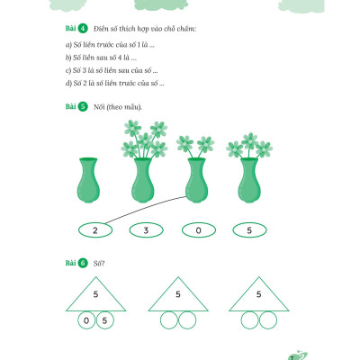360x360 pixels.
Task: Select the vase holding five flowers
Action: tap(143, 180)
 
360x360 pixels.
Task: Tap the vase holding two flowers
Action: tap(196, 180)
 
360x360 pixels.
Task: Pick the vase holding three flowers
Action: tap(249, 180)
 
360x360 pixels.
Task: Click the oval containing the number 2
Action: tap(95, 230)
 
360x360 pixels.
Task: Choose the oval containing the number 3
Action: tap(147, 230)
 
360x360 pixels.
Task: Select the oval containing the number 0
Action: tap(199, 230)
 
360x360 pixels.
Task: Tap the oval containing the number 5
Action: tap(249, 230)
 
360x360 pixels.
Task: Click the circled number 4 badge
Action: tap(83, 29)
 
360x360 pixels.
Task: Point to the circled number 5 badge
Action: tap(83, 106)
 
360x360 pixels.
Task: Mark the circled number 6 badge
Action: tap(83, 263)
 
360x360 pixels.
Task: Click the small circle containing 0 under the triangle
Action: tap(86, 320)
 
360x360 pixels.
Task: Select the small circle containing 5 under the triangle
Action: tap(104, 320)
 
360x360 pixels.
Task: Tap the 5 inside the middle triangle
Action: tap(178, 294)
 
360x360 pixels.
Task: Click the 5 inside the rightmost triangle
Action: tap(259, 294)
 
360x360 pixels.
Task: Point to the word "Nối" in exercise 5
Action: tap(99, 107)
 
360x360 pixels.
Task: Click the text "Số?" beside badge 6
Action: tap(99, 264)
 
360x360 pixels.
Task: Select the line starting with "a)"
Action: tap(110, 45)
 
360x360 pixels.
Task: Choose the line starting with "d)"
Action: tap(114, 83)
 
